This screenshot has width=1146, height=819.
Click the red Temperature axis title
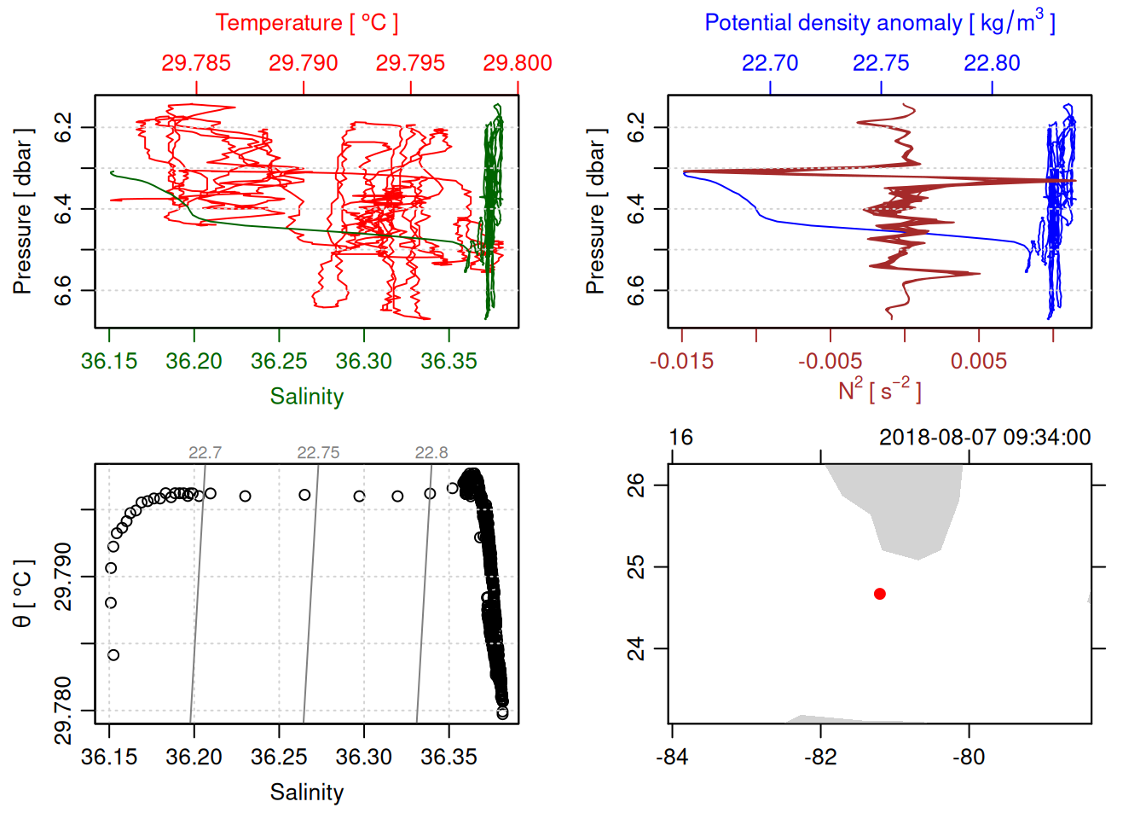click(x=306, y=23)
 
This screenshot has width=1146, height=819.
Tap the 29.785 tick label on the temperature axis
click(x=196, y=63)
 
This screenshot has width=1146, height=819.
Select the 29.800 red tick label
click(x=517, y=63)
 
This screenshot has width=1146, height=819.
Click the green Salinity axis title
click(x=306, y=397)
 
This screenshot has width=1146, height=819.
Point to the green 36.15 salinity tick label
click(x=109, y=362)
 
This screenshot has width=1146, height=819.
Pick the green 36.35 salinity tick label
click(x=449, y=362)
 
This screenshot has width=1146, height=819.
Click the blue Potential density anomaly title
click(x=879, y=23)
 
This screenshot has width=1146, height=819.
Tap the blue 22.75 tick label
click(x=881, y=63)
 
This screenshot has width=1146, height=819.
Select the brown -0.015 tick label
click(x=681, y=362)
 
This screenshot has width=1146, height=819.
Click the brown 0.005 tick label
click(x=978, y=362)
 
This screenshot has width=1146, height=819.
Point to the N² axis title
click(x=879, y=391)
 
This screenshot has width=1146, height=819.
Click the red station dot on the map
click(x=880, y=594)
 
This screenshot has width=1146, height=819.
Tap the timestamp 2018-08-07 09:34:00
click(x=985, y=438)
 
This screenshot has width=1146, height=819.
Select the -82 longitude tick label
click(x=820, y=757)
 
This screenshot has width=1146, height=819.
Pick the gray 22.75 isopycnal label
click(x=318, y=453)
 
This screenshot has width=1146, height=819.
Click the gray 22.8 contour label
click(x=431, y=453)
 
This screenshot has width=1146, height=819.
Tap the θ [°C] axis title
click(x=23, y=594)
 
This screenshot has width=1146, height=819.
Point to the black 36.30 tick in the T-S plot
click(x=364, y=757)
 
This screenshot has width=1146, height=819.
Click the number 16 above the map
click(x=680, y=438)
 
